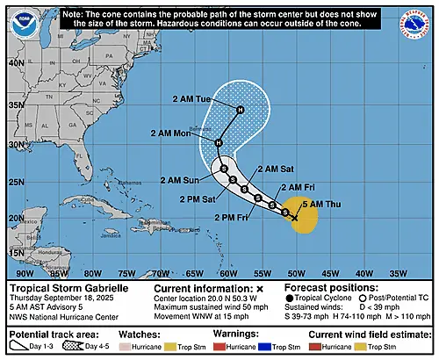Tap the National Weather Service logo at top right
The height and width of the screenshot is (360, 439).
point(419,19)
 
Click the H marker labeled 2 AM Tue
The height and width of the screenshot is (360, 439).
point(240,109)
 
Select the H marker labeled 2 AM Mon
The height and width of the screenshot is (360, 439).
point(219,142)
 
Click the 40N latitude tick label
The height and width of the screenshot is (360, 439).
point(16,63)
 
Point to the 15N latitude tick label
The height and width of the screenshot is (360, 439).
point(16,251)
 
